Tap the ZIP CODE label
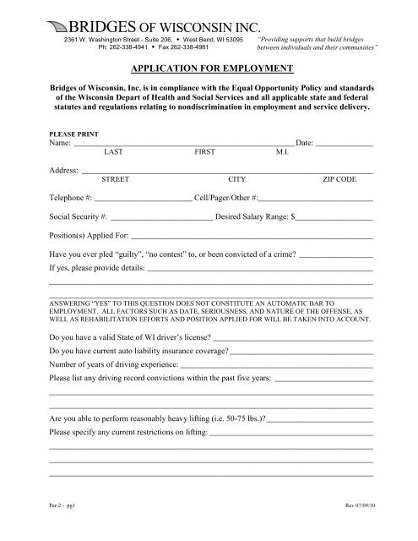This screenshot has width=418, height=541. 339,180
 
